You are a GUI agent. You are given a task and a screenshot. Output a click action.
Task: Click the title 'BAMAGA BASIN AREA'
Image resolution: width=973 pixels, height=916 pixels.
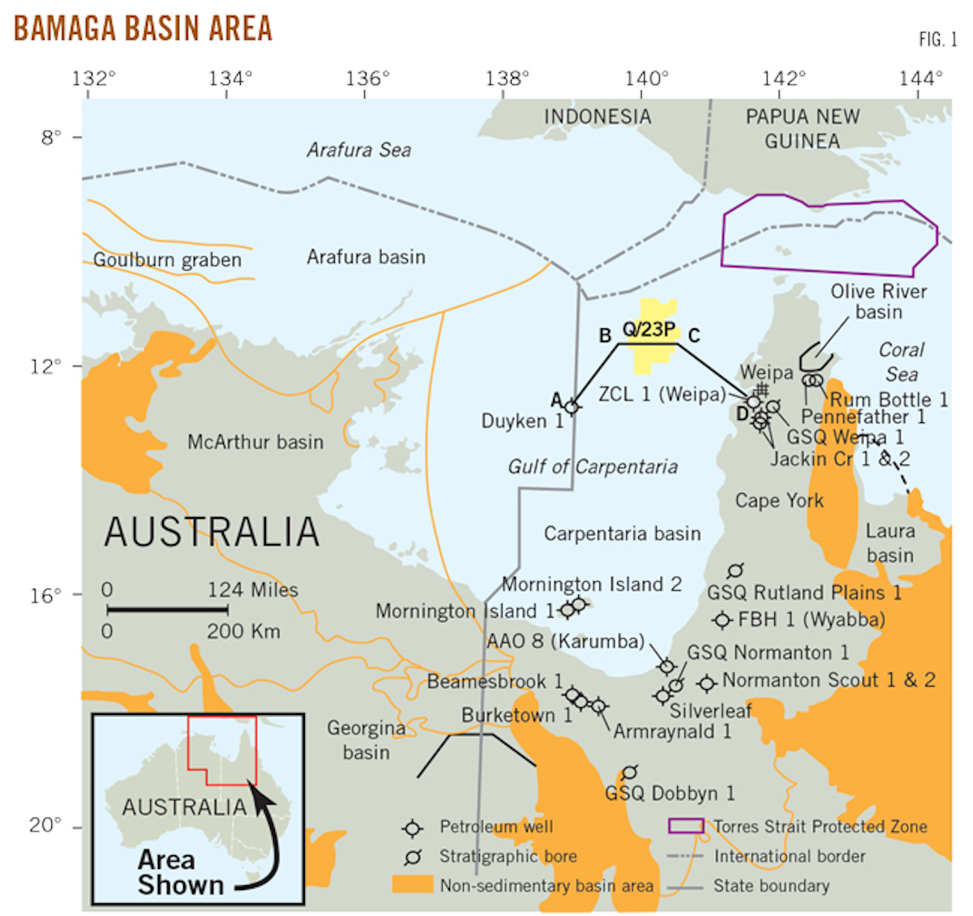point(143,28)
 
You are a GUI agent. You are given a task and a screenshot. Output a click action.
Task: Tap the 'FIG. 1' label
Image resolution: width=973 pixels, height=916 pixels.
point(937,39)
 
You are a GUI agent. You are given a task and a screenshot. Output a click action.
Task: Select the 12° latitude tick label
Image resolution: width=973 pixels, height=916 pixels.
point(45,366)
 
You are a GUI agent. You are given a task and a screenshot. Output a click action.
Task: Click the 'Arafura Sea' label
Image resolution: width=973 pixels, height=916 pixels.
point(358,150)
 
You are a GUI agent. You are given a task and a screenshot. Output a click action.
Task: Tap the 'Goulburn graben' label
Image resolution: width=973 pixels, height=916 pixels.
point(167,260)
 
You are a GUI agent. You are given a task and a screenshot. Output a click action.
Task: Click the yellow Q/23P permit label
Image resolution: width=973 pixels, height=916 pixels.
point(649,329)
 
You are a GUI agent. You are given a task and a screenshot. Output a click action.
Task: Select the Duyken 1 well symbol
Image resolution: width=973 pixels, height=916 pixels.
point(572,406)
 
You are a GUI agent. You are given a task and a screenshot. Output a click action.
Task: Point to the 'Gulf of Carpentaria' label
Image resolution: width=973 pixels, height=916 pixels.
point(593,467)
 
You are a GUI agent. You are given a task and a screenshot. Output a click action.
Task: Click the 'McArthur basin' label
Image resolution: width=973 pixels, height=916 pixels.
point(255,443)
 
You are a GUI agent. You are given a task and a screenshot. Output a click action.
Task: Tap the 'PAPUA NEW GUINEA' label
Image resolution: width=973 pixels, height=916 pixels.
point(802,129)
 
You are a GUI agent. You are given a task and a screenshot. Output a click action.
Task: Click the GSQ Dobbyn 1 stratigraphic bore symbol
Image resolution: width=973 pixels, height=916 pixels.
point(629,772)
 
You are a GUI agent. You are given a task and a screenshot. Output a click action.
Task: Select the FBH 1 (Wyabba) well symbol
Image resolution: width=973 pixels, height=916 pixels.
point(722,620)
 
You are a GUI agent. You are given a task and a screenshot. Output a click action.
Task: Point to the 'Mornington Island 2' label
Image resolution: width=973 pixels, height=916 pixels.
point(592,584)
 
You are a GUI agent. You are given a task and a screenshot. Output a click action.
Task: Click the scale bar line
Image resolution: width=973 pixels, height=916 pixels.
point(167,610)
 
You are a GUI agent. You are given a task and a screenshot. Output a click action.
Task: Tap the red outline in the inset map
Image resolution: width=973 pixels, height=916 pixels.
point(221,750)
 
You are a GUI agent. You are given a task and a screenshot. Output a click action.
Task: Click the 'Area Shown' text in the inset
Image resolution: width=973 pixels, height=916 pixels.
point(180,872)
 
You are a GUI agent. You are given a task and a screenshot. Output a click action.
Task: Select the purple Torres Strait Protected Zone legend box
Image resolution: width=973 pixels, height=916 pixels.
point(685,826)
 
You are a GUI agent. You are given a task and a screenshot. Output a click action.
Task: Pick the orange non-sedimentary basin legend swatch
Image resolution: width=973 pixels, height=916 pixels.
point(412,884)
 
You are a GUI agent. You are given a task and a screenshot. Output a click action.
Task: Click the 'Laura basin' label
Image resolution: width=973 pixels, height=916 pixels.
point(889,543)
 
